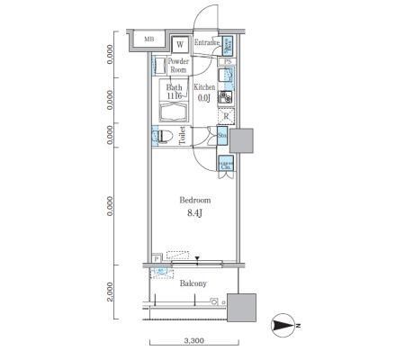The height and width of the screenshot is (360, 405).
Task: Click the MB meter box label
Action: click(149, 40)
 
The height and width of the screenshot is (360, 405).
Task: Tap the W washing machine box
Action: click(180, 43)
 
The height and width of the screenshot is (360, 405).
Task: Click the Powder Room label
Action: click(178, 65)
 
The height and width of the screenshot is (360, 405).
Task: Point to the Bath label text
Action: click(174, 88)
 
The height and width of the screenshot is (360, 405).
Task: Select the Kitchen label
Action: click(205, 87)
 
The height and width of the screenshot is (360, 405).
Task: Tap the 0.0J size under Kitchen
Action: click(204, 97)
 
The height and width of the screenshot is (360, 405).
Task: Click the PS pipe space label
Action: click(228, 61)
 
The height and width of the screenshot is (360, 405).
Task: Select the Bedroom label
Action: click(193, 199)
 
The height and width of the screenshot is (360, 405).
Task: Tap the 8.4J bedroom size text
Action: click(193, 213)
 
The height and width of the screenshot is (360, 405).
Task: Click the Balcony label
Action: click(193, 283)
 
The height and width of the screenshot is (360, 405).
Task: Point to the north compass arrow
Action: click(283, 326)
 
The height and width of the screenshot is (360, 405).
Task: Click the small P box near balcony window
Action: click(157, 257)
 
